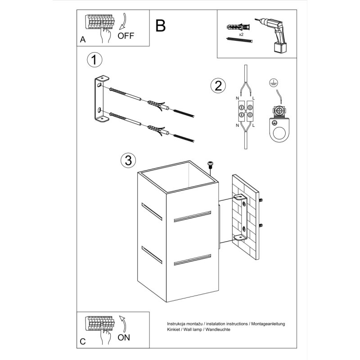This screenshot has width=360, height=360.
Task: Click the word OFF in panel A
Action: pyautogui.click(x=126, y=36)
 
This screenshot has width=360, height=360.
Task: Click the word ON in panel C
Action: pyautogui.click(x=124, y=337)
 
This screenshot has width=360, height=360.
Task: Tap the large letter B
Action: pyautogui.click(x=160, y=26)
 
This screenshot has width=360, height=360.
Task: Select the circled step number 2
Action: pyautogui.click(x=218, y=86)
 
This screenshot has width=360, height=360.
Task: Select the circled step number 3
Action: pyautogui.click(x=128, y=160)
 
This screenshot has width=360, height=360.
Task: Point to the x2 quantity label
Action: pyautogui.click(x=241, y=34)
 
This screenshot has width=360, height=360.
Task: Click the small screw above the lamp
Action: pyautogui.click(x=210, y=165)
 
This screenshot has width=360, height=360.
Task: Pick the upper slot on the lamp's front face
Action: pyautogui.click(x=193, y=216)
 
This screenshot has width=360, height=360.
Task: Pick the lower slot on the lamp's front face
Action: pyautogui.click(x=193, y=261)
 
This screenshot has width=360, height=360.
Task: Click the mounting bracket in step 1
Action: pyautogui.click(x=100, y=99)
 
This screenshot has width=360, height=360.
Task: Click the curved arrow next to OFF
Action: pyautogui.click(x=124, y=22)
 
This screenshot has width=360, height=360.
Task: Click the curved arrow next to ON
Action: pyautogui.click(x=122, y=323)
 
